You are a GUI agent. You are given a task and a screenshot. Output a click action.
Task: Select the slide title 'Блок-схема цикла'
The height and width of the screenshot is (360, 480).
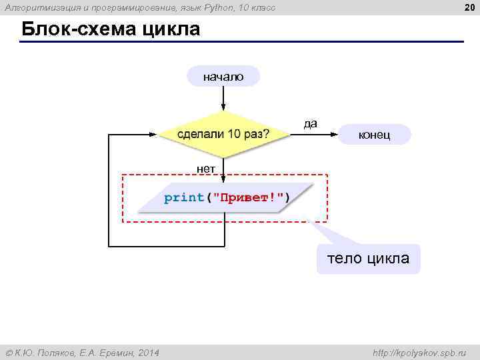[111, 30]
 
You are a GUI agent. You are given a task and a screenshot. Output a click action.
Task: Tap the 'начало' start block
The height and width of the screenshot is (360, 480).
[223, 77]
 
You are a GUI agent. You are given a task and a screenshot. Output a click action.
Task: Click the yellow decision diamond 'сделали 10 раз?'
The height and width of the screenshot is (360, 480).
[223, 134]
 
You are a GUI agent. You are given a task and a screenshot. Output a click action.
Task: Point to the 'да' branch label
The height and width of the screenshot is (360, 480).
[311, 123]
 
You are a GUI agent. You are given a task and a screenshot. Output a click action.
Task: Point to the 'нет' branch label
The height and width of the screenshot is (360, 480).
[206, 169]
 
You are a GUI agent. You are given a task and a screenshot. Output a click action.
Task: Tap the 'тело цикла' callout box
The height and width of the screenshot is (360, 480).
[367, 258]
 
